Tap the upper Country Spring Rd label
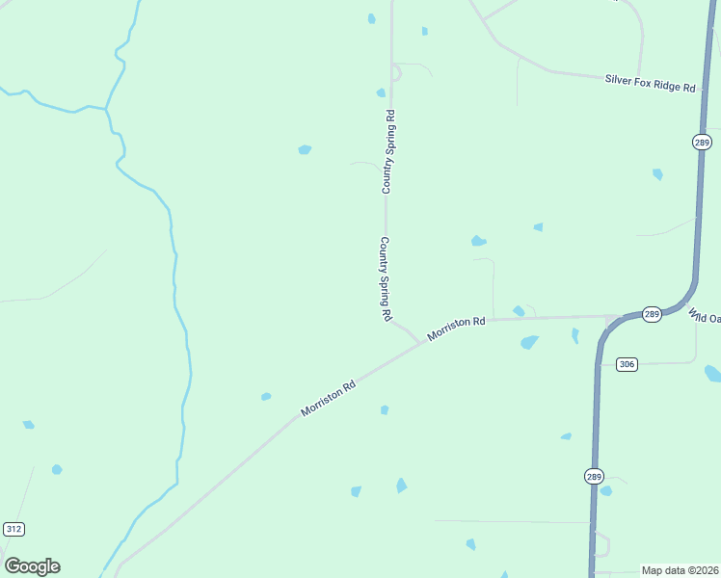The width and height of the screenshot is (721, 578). tap(388, 152)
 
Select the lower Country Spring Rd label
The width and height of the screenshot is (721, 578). tap(386, 278)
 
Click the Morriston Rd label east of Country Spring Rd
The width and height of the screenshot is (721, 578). tap(456, 327)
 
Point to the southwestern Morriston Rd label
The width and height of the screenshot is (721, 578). tap(328, 397)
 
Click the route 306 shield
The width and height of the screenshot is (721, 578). tap(628, 364)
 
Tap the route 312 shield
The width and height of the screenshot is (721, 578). tap(13, 529)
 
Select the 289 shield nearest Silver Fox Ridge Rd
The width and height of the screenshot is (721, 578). tap(702, 143)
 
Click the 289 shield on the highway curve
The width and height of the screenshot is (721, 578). tap(652, 315)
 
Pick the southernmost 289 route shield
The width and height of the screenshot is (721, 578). tap(593, 476)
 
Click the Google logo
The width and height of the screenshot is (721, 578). tap(32, 566)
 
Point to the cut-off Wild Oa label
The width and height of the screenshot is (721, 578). tap(705, 316)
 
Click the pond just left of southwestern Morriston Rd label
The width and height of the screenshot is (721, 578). tap(266, 396)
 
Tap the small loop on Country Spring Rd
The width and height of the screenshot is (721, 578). tap(395, 72)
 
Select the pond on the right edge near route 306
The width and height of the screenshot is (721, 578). tap(712, 373)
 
